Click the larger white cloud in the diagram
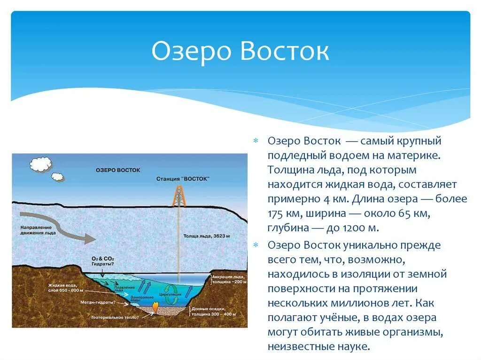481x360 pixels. (x=40, y=164)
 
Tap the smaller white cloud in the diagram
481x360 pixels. (x=58, y=177)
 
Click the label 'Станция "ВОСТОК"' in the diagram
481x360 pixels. (x=183, y=179)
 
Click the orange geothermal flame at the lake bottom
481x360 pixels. (x=155, y=306)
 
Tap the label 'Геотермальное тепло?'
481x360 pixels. (x=117, y=318)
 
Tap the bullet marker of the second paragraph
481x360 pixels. (x=256, y=245)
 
